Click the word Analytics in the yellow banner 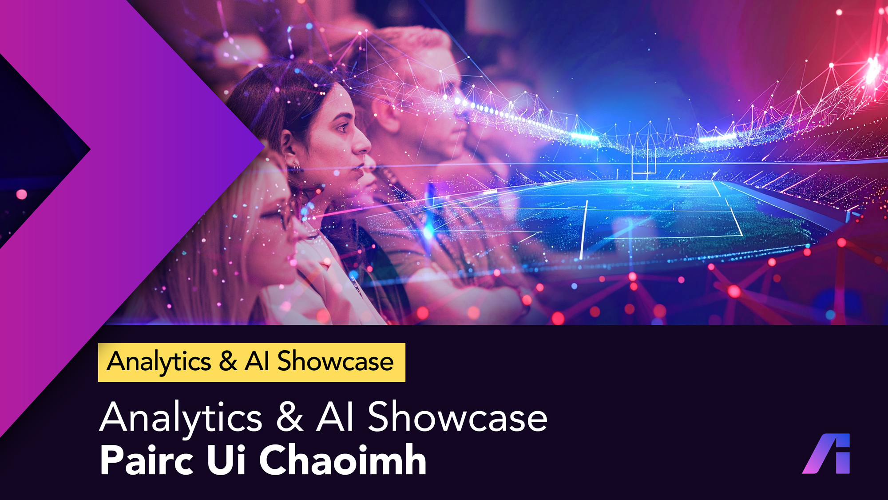coord(159,362)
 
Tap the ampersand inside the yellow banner coord(228,361)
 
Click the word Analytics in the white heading coord(181,418)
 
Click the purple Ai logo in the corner coord(826,453)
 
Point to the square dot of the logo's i coord(843,440)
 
